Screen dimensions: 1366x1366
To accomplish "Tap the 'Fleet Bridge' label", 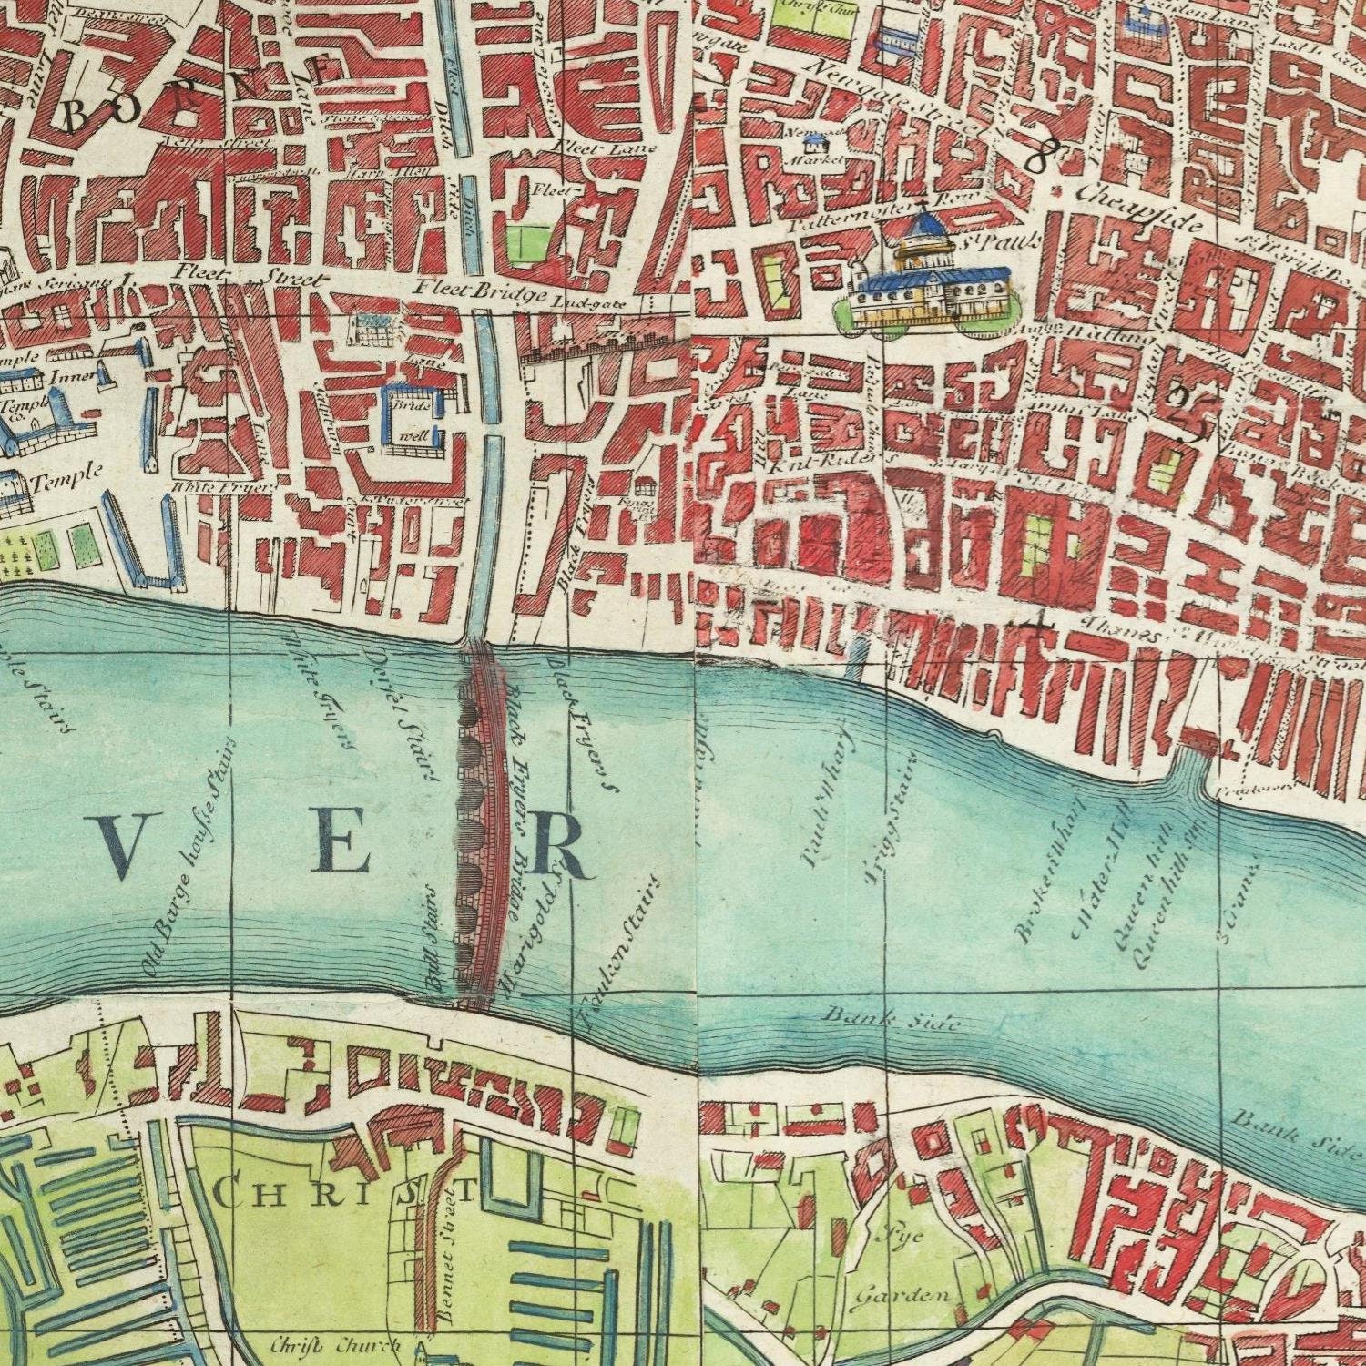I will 479,291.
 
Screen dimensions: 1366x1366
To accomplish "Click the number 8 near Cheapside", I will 1035,158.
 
